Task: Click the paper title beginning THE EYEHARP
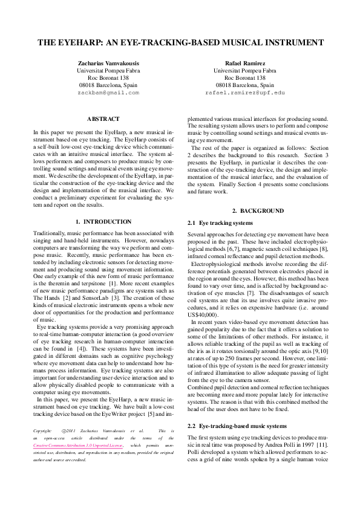(180, 43)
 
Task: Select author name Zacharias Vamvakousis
(108, 63)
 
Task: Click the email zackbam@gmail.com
(108, 93)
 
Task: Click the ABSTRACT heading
(103, 119)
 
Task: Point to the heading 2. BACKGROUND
(257, 211)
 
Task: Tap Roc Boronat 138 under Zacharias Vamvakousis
(108, 78)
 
